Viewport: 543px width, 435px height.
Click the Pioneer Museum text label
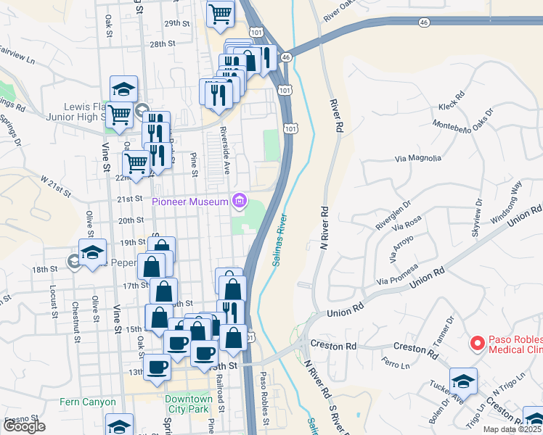click(190, 202)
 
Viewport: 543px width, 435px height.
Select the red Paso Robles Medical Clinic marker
click(477, 342)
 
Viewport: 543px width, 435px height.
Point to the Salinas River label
click(279, 240)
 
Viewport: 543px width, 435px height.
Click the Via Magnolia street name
click(417, 158)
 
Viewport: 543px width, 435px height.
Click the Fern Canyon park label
click(89, 402)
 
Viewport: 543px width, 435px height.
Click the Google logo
click(25, 426)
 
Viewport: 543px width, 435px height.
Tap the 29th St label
click(176, 23)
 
